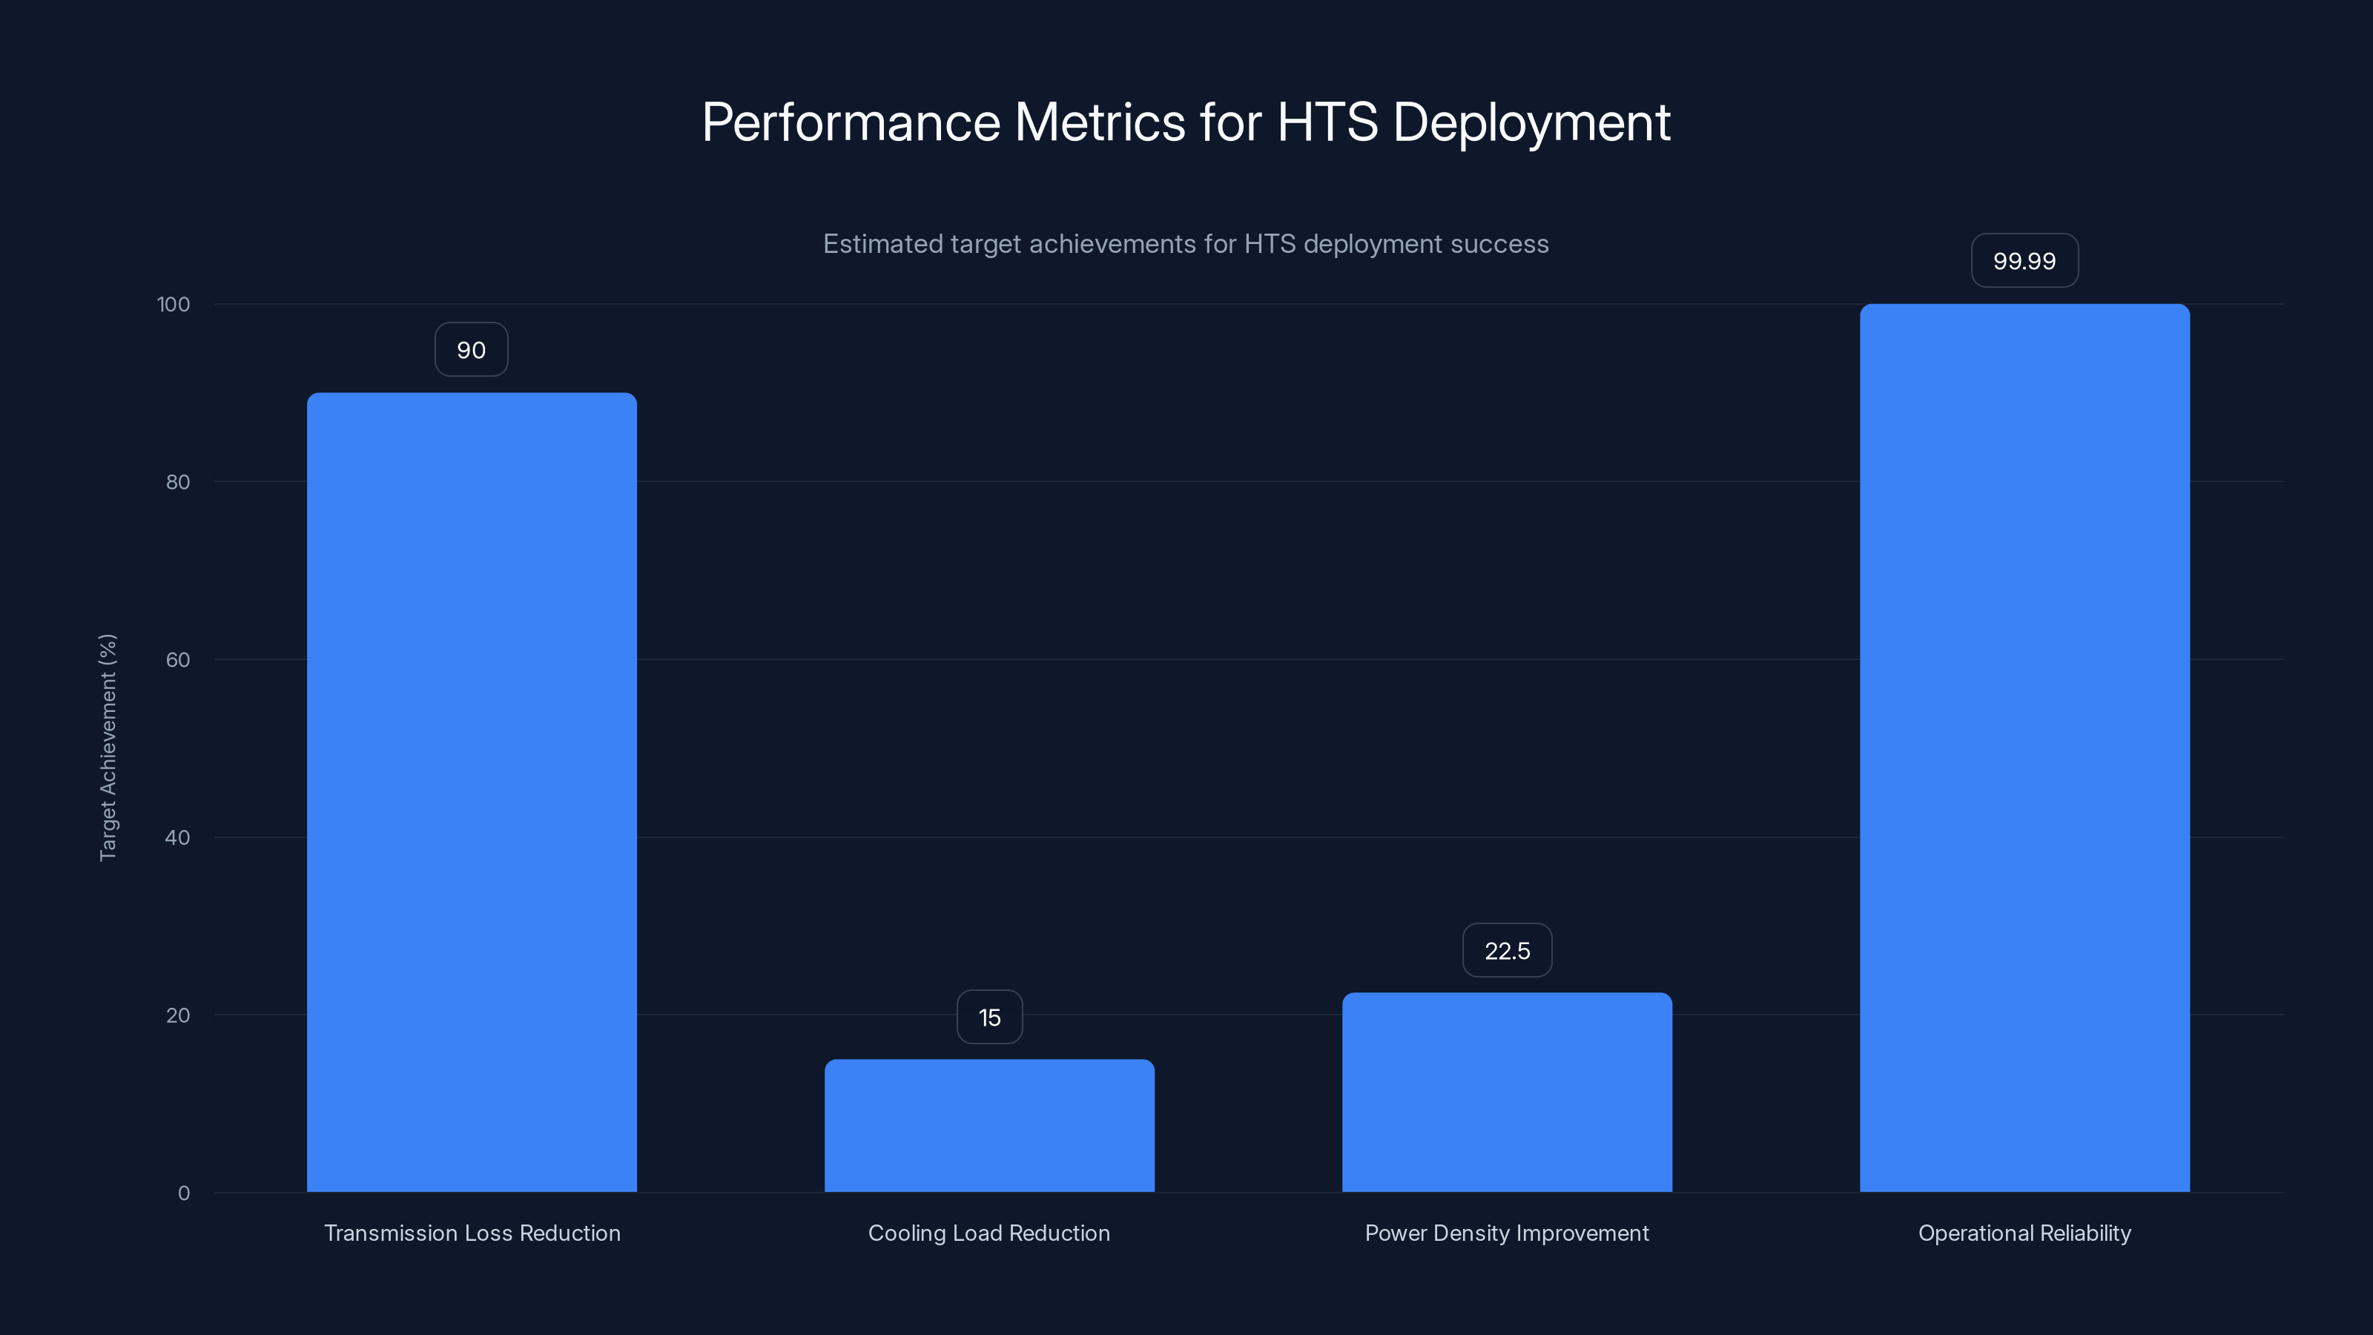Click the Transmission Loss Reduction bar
coord(472,792)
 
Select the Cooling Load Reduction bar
coord(989,1125)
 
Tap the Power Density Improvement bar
coord(1506,1092)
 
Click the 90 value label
coord(471,350)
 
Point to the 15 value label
coord(989,1017)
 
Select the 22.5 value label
coord(1506,951)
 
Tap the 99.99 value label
coord(2024,261)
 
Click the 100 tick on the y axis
coord(174,305)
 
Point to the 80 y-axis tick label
coord(178,482)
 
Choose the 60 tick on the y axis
coord(178,659)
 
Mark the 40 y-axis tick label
coord(178,837)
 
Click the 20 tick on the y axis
coord(178,1015)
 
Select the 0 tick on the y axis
coord(183,1193)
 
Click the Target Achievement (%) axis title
coord(108,747)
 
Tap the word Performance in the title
coord(851,122)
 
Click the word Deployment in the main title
coord(1531,122)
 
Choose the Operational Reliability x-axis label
coord(2024,1233)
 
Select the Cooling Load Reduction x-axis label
coord(989,1233)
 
